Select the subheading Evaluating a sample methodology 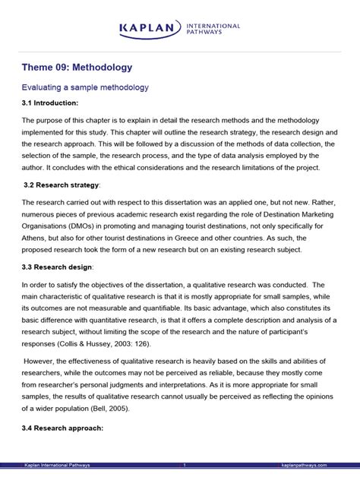[x=85, y=87]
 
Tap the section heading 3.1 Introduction [x=50, y=103]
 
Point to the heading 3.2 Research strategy [x=62, y=185]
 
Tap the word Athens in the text [x=36, y=235]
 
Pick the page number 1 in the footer [x=184, y=465]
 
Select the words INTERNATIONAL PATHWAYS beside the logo [x=213, y=30]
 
